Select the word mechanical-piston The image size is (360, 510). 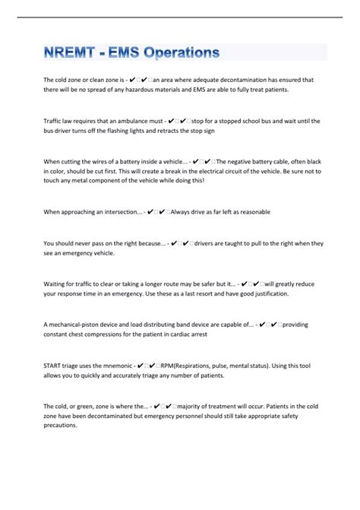pyautogui.click(x=78, y=325)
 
